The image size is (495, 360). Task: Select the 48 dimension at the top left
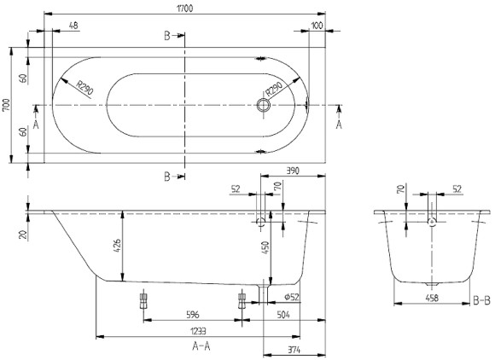pyautogui.click(x=73, y=26)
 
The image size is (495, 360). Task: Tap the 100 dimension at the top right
pyautogui.click(x=317, y=26)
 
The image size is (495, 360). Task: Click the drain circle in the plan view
pyautogui.click(x=264, y=107)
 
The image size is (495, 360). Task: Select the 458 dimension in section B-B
pyautogui.click(x=432, y=298)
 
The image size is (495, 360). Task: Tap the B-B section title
pyautogui.click(x=481, y=300)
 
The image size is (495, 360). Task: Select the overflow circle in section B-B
pyautogui.click(x=433, y=222)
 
